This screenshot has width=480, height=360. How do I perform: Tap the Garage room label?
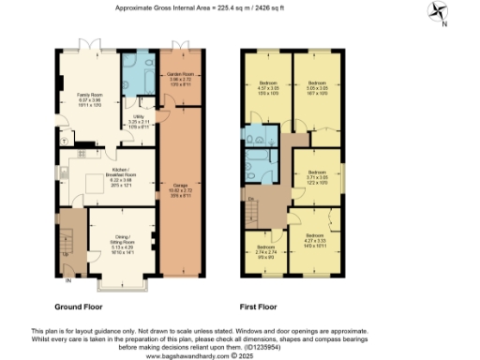174,190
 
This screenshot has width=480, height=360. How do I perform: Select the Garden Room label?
179,78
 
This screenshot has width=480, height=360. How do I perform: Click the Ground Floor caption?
78,307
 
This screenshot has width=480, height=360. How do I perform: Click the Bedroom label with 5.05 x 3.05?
318,89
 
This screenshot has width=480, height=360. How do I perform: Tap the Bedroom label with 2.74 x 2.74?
266,252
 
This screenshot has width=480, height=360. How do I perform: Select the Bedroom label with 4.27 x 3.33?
313,240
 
